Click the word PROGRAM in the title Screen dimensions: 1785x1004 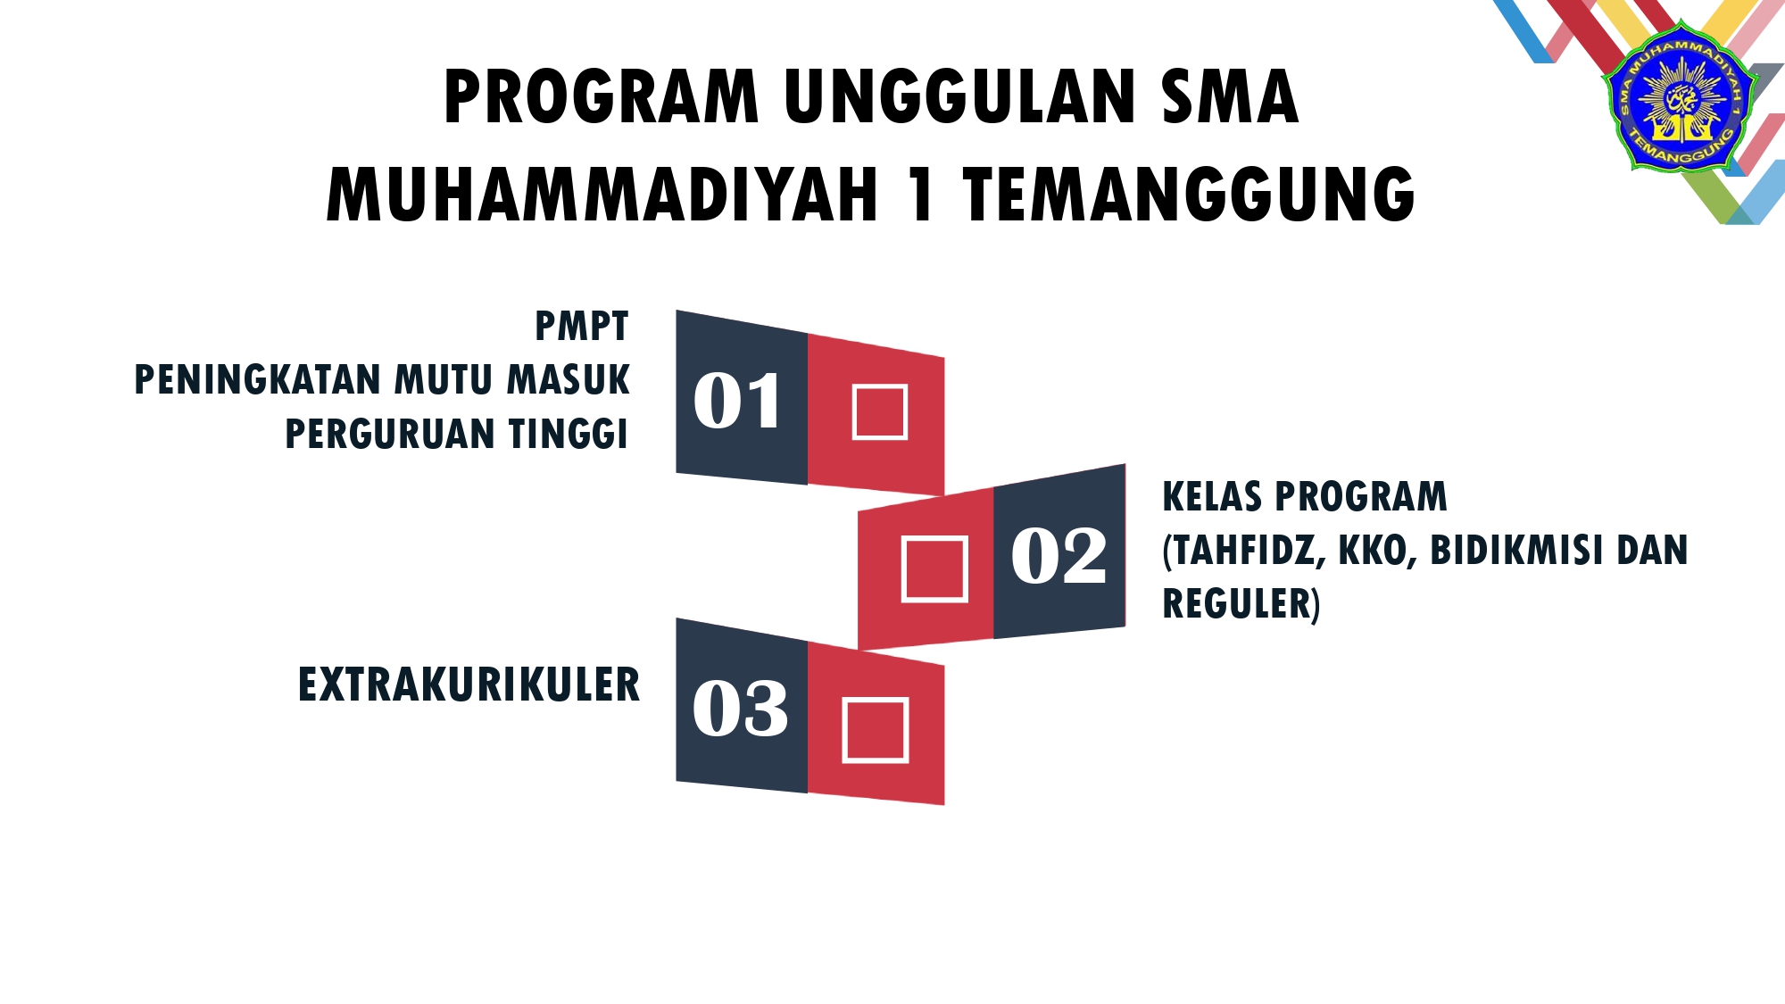tap(601, 96)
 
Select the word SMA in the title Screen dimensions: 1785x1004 tap(1229, 96)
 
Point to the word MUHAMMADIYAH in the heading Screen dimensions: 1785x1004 tap(602, 195)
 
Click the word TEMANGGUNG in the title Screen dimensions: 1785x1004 tap(1189, 195)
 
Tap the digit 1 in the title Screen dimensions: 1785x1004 tap(921, 195)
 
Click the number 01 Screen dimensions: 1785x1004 tap(737, 401)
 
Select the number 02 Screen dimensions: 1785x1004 tap(1059, 555)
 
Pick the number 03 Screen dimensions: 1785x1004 tap(740, 709)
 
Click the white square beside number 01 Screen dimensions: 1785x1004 tap(880, 411)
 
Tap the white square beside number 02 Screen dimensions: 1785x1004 tap(934, 568)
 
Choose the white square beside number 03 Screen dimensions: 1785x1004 tap(876, 731)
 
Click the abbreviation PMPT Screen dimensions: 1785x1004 tap(582, 327)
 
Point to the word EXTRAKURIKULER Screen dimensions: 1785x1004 tap(469, 685)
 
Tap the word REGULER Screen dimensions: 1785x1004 tap(1241, 604)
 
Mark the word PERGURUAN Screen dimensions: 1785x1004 tap(389, 434)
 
